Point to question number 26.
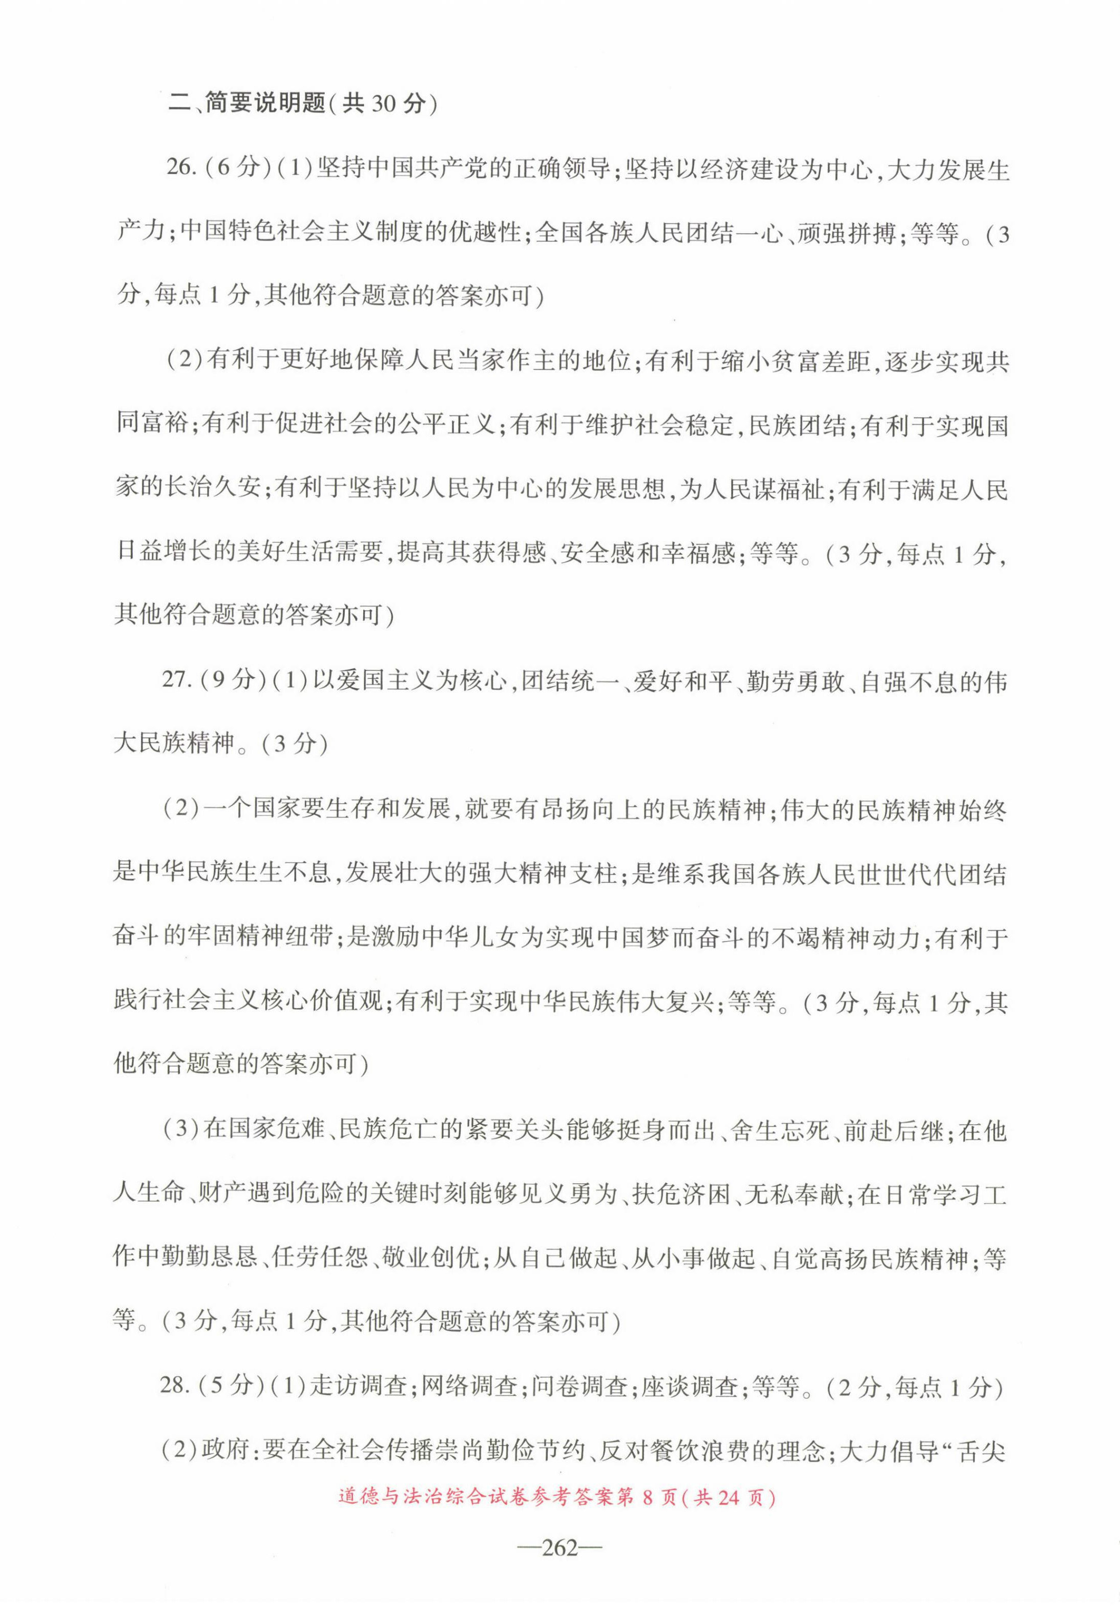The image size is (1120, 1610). pos(178,170)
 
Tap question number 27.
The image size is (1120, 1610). pos(175,680)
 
